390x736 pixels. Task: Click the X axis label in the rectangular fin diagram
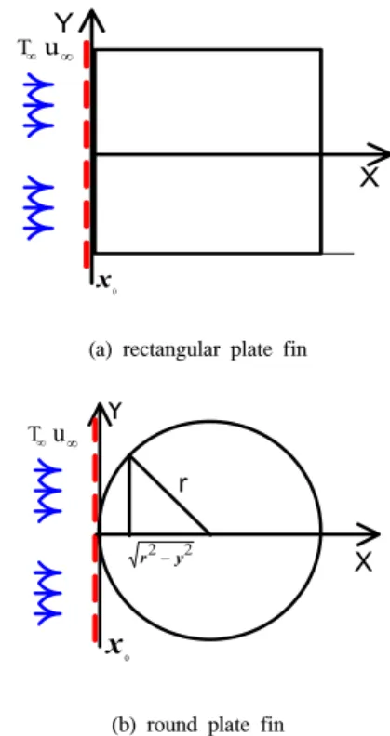coord(370,177)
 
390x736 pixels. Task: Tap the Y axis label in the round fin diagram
coord(115,413)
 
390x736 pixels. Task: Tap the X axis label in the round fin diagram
coord(363,561)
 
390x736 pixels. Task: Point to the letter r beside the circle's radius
coord(184,485)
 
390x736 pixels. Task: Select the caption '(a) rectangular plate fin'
coord(198,350)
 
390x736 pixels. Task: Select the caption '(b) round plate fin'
coord(198,725)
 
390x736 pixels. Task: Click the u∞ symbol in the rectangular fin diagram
coord(59,51)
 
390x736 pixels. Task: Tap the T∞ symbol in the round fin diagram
coord(37,436)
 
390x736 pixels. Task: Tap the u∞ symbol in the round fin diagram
coord(65,438)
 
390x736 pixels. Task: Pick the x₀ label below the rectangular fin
coord(106,283)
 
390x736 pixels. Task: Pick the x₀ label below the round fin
coord(117,648)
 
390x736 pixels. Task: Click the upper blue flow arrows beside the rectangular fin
coord(39,105)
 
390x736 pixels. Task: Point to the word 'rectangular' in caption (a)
coord(172,350)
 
